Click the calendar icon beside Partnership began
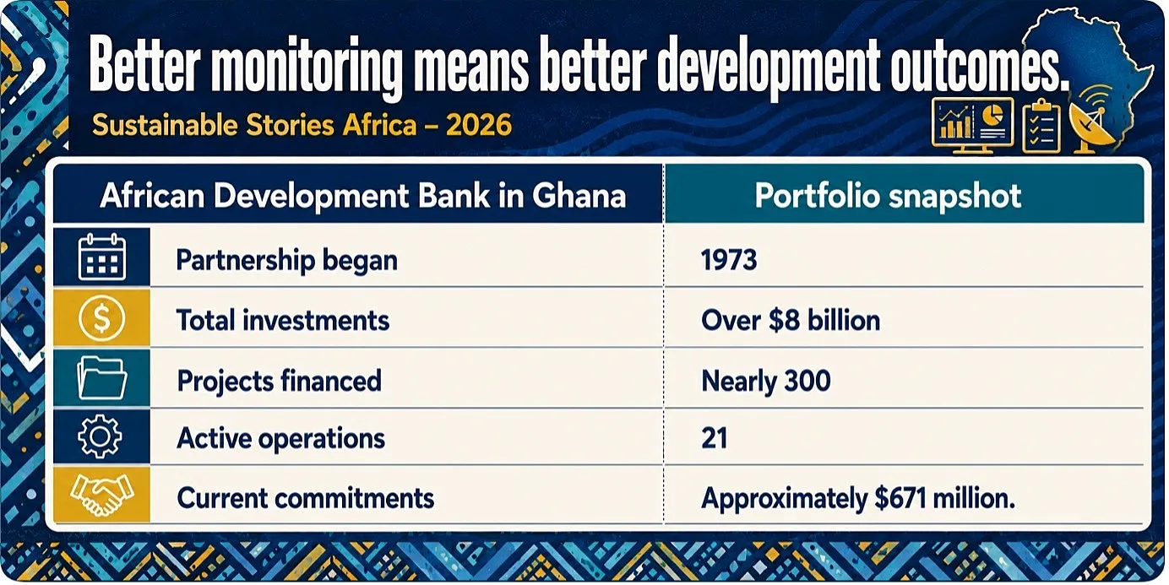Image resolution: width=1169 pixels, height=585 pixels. tap(101, 257)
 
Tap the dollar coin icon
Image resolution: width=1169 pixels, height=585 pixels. tap(101, 317)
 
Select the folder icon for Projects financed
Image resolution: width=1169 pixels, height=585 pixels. tap(101, 377)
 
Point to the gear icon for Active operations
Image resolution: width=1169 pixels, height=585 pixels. tap(100, 436)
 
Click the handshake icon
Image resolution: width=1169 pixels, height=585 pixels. tap(101, 495)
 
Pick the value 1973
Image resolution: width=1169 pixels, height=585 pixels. tap(729, 260)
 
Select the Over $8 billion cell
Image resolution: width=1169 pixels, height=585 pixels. tap(791, 320)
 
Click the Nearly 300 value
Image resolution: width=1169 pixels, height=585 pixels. tap(765, 382)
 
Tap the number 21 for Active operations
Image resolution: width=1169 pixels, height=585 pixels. tap(714, 438)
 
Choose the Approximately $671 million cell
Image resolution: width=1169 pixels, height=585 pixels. tap(858, 498)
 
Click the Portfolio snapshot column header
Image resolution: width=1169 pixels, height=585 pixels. tap(888, 196)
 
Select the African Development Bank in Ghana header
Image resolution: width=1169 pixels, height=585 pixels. tap(362, 196)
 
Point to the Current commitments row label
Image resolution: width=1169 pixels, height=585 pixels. tap(305, 498)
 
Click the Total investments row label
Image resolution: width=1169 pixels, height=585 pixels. tap(283, 320)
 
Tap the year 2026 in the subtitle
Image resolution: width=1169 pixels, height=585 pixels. tap(479, 125)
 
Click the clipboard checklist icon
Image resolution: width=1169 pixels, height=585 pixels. tap(1041, 126)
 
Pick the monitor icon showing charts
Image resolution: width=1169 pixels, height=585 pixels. tap(972, 126)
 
